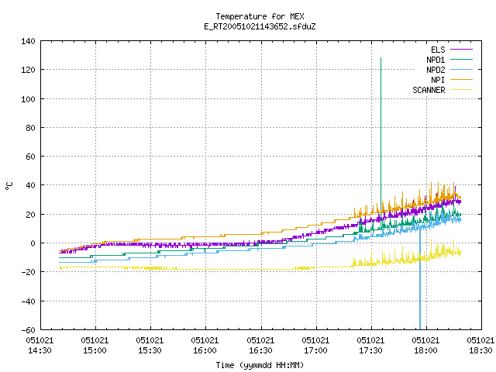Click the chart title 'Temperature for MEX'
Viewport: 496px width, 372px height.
click(260, 16)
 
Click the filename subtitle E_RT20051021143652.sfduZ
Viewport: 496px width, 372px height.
click(260, 26)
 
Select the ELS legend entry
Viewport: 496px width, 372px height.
click(451, 50)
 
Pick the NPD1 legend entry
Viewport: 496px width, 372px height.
click(449, 60)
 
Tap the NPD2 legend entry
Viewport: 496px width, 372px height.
click(449, 70)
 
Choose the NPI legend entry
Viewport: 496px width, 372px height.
click(451, 80)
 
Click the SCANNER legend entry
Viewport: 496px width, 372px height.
click(443, 90)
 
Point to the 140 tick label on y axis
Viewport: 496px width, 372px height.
click(28, 41)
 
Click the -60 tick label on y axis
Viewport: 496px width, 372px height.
click(28, 330)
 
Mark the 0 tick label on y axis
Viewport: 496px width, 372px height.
click(33, 243)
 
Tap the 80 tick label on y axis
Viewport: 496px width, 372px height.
click(30, 128)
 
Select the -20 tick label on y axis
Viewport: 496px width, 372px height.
click(28, 272)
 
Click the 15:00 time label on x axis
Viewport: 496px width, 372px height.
click(95, 350)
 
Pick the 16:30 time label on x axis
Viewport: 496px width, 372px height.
click(260, 350)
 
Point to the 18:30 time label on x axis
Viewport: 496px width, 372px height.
click(480, 350)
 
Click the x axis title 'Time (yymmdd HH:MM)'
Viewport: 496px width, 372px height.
click(260, 365)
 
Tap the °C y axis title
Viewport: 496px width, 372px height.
click(9, 186)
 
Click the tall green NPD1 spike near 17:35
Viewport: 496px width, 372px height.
click(381, 136)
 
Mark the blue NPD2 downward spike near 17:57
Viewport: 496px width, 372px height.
click(420, 278)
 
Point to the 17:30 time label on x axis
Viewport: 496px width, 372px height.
click(370, 350)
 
